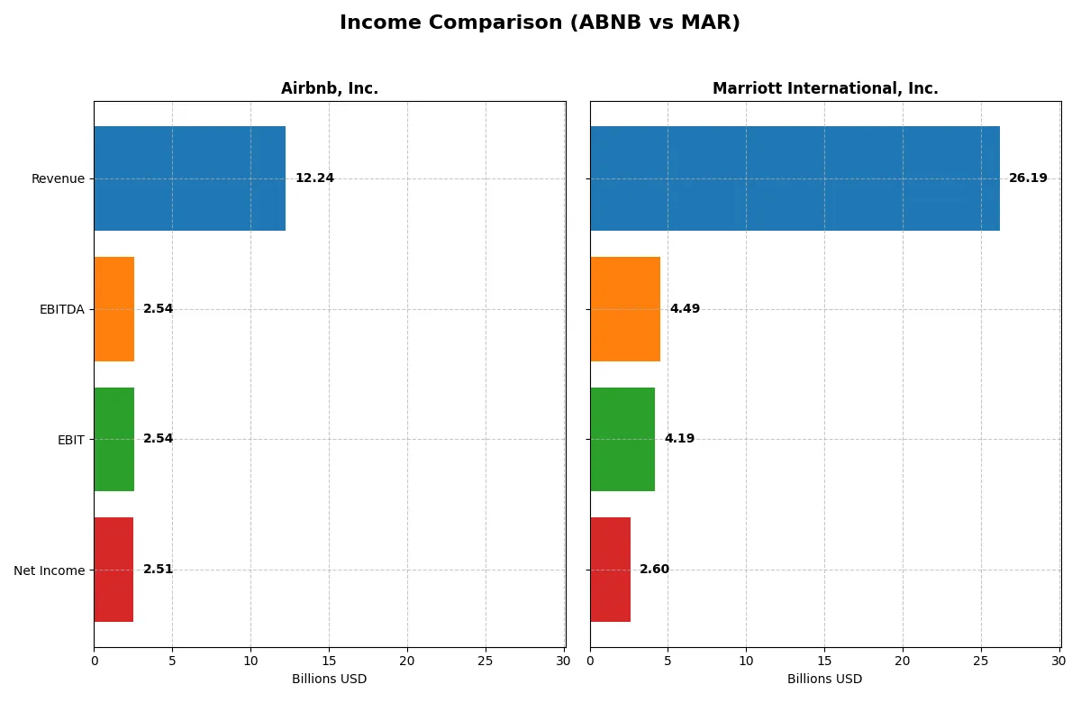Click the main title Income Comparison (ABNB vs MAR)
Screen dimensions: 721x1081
tap(540, 23)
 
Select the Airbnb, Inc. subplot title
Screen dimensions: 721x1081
tap(329, 88)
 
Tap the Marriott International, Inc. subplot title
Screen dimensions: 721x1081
tap(825, 88)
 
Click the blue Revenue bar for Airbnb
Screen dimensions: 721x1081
tap(189, 178)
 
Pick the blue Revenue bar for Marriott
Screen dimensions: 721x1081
tap(795, 178)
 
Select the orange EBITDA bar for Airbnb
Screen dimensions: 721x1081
tap(114, 309)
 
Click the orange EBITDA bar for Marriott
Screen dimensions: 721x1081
tap(625, 309)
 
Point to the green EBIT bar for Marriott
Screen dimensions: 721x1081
tap(622, 439)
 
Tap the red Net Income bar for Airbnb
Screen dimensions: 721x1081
tap(114, 570)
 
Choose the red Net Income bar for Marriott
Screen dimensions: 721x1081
tap(611, 570)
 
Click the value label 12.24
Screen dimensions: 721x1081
tap(314, 178)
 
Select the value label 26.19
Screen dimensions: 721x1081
tap(1028, 178)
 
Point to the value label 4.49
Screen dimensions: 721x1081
tap(685, 309)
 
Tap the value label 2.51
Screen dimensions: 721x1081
tap(158, 570)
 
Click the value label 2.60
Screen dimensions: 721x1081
tap(654, 570)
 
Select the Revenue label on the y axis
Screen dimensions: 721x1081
tap(58, 178)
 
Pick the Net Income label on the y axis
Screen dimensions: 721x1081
tap(50, 570)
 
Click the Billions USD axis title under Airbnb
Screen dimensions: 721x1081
tap(329, 679)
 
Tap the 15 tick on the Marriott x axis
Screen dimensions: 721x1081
tap(824, 661)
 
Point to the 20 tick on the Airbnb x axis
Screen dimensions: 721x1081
tap(407, 661)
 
